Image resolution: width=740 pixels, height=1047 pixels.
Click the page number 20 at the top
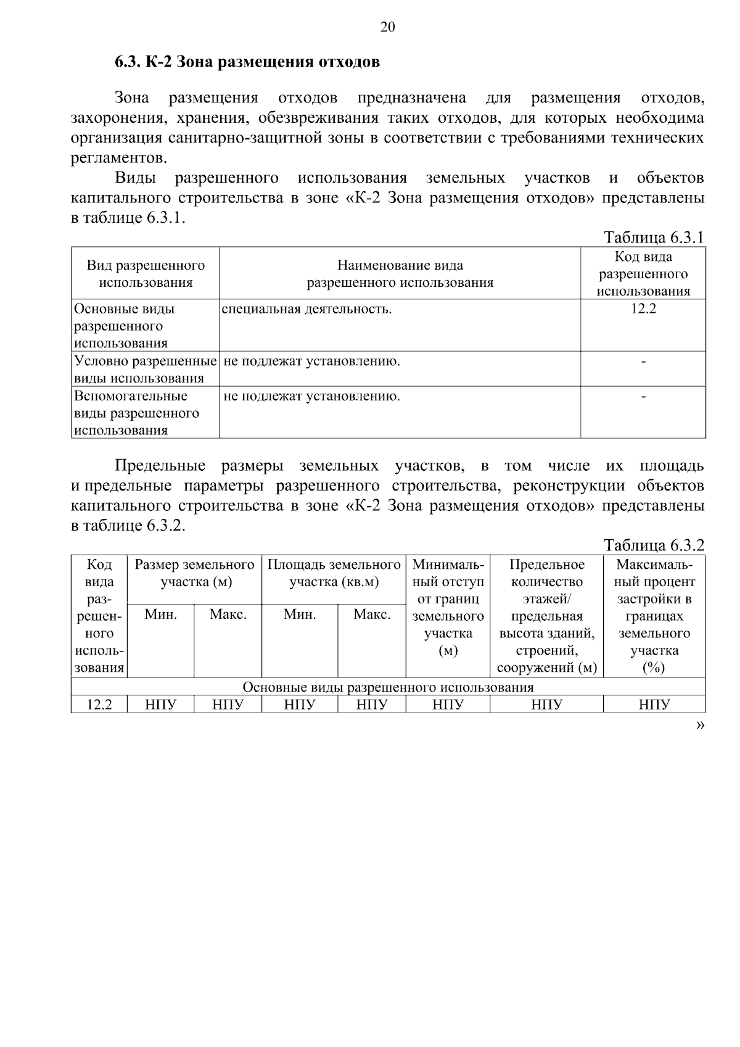(x=387, y=27)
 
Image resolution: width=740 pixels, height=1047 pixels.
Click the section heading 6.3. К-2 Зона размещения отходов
(x=247, y=62)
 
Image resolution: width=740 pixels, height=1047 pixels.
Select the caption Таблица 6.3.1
(x=654, y=238)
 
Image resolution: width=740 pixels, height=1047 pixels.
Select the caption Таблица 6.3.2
(x=654, y=545)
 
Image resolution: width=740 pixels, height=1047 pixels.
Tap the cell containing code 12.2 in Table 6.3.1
(x=643, y=309)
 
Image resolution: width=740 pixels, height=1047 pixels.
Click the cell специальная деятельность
(x=307, y=309)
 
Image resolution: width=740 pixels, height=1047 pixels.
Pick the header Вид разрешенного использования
(x=146, y=274)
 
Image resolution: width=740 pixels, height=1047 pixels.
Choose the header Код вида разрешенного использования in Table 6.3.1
(x=643, y=274)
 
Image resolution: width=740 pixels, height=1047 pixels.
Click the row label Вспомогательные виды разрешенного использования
(x=137, y=413)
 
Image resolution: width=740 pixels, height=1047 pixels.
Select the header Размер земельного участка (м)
(x=195, y=573)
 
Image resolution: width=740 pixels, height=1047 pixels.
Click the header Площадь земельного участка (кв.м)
(x=334, y=573)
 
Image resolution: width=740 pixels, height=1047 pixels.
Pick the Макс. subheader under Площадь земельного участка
(x=372, y=615)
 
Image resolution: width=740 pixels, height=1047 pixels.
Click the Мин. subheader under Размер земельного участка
(x=161, y=615)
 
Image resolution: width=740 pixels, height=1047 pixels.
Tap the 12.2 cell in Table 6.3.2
(x=99, y=705)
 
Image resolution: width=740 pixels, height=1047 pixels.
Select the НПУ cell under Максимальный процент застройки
(x=654, y=705)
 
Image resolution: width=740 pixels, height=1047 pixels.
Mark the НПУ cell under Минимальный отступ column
(x=448, y=705)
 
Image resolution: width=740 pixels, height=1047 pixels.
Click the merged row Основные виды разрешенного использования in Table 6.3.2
(x=388, y=687)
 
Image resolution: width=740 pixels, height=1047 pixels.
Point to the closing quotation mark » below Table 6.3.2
(x=699, y=726)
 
